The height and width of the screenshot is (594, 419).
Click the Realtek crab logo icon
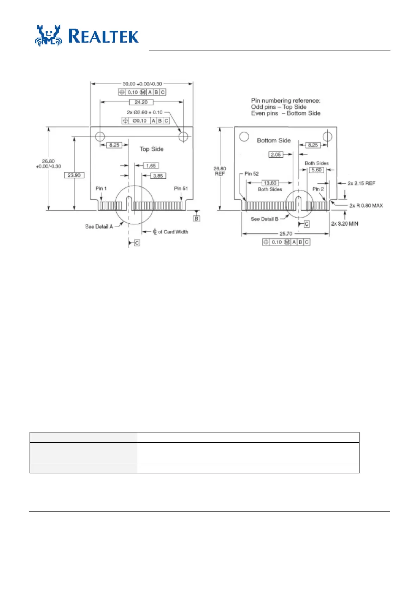(48, 36)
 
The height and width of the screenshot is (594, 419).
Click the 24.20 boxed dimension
(141, 102)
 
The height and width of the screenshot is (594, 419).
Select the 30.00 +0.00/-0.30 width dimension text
(142, 84)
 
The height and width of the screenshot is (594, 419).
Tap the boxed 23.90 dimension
(74, 175)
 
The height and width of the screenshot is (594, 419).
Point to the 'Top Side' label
(151, 149)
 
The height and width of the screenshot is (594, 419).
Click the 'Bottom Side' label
(274, 140)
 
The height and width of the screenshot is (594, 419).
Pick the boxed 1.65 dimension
(151, 166)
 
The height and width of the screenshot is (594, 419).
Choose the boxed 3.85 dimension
(158, 176)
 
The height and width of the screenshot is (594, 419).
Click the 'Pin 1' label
(101, 188)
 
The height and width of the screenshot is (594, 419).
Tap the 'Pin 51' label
(181, 188)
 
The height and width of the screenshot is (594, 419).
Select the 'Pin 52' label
(251, 174)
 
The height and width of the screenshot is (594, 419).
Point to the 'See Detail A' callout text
(99, 226)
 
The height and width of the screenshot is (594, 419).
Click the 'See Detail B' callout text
(264, 219)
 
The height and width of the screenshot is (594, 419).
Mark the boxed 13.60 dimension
(270, 183)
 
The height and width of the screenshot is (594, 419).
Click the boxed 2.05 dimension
(276, 154)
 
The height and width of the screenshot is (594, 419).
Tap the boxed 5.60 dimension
(317, 170)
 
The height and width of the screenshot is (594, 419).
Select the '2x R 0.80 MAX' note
(366, 206)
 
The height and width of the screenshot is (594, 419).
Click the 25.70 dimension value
(286, 234)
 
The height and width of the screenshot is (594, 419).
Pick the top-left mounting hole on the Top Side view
(100, 136)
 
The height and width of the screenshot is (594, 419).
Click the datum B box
(196, 218)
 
